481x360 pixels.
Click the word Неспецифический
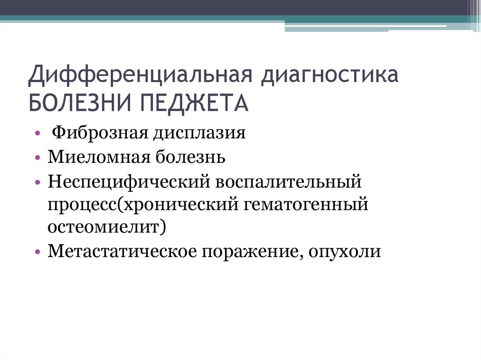coord(127,181)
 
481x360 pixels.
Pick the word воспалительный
coord(288,181)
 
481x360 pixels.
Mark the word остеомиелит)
coord(106,228)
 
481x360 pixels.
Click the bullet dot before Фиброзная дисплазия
coord(37,134)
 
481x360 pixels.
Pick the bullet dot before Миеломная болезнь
coord(37,158)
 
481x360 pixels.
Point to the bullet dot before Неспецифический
coord(37,182)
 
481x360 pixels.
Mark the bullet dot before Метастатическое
coord(37,253)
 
